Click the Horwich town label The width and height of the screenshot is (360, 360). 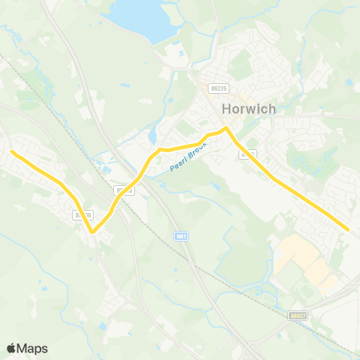point(249,109)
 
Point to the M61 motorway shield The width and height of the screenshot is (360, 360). point(181,235)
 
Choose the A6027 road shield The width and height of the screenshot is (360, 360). point(297,316)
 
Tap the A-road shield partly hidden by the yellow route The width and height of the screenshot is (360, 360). point(248,154)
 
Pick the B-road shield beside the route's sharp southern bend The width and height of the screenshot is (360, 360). point(83,215)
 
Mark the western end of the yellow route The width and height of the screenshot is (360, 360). point(11,151)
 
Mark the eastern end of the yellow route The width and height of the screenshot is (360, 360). point(349,229)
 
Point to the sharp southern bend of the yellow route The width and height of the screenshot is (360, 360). point(93,232)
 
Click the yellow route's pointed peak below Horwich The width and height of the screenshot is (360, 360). point(226,128)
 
